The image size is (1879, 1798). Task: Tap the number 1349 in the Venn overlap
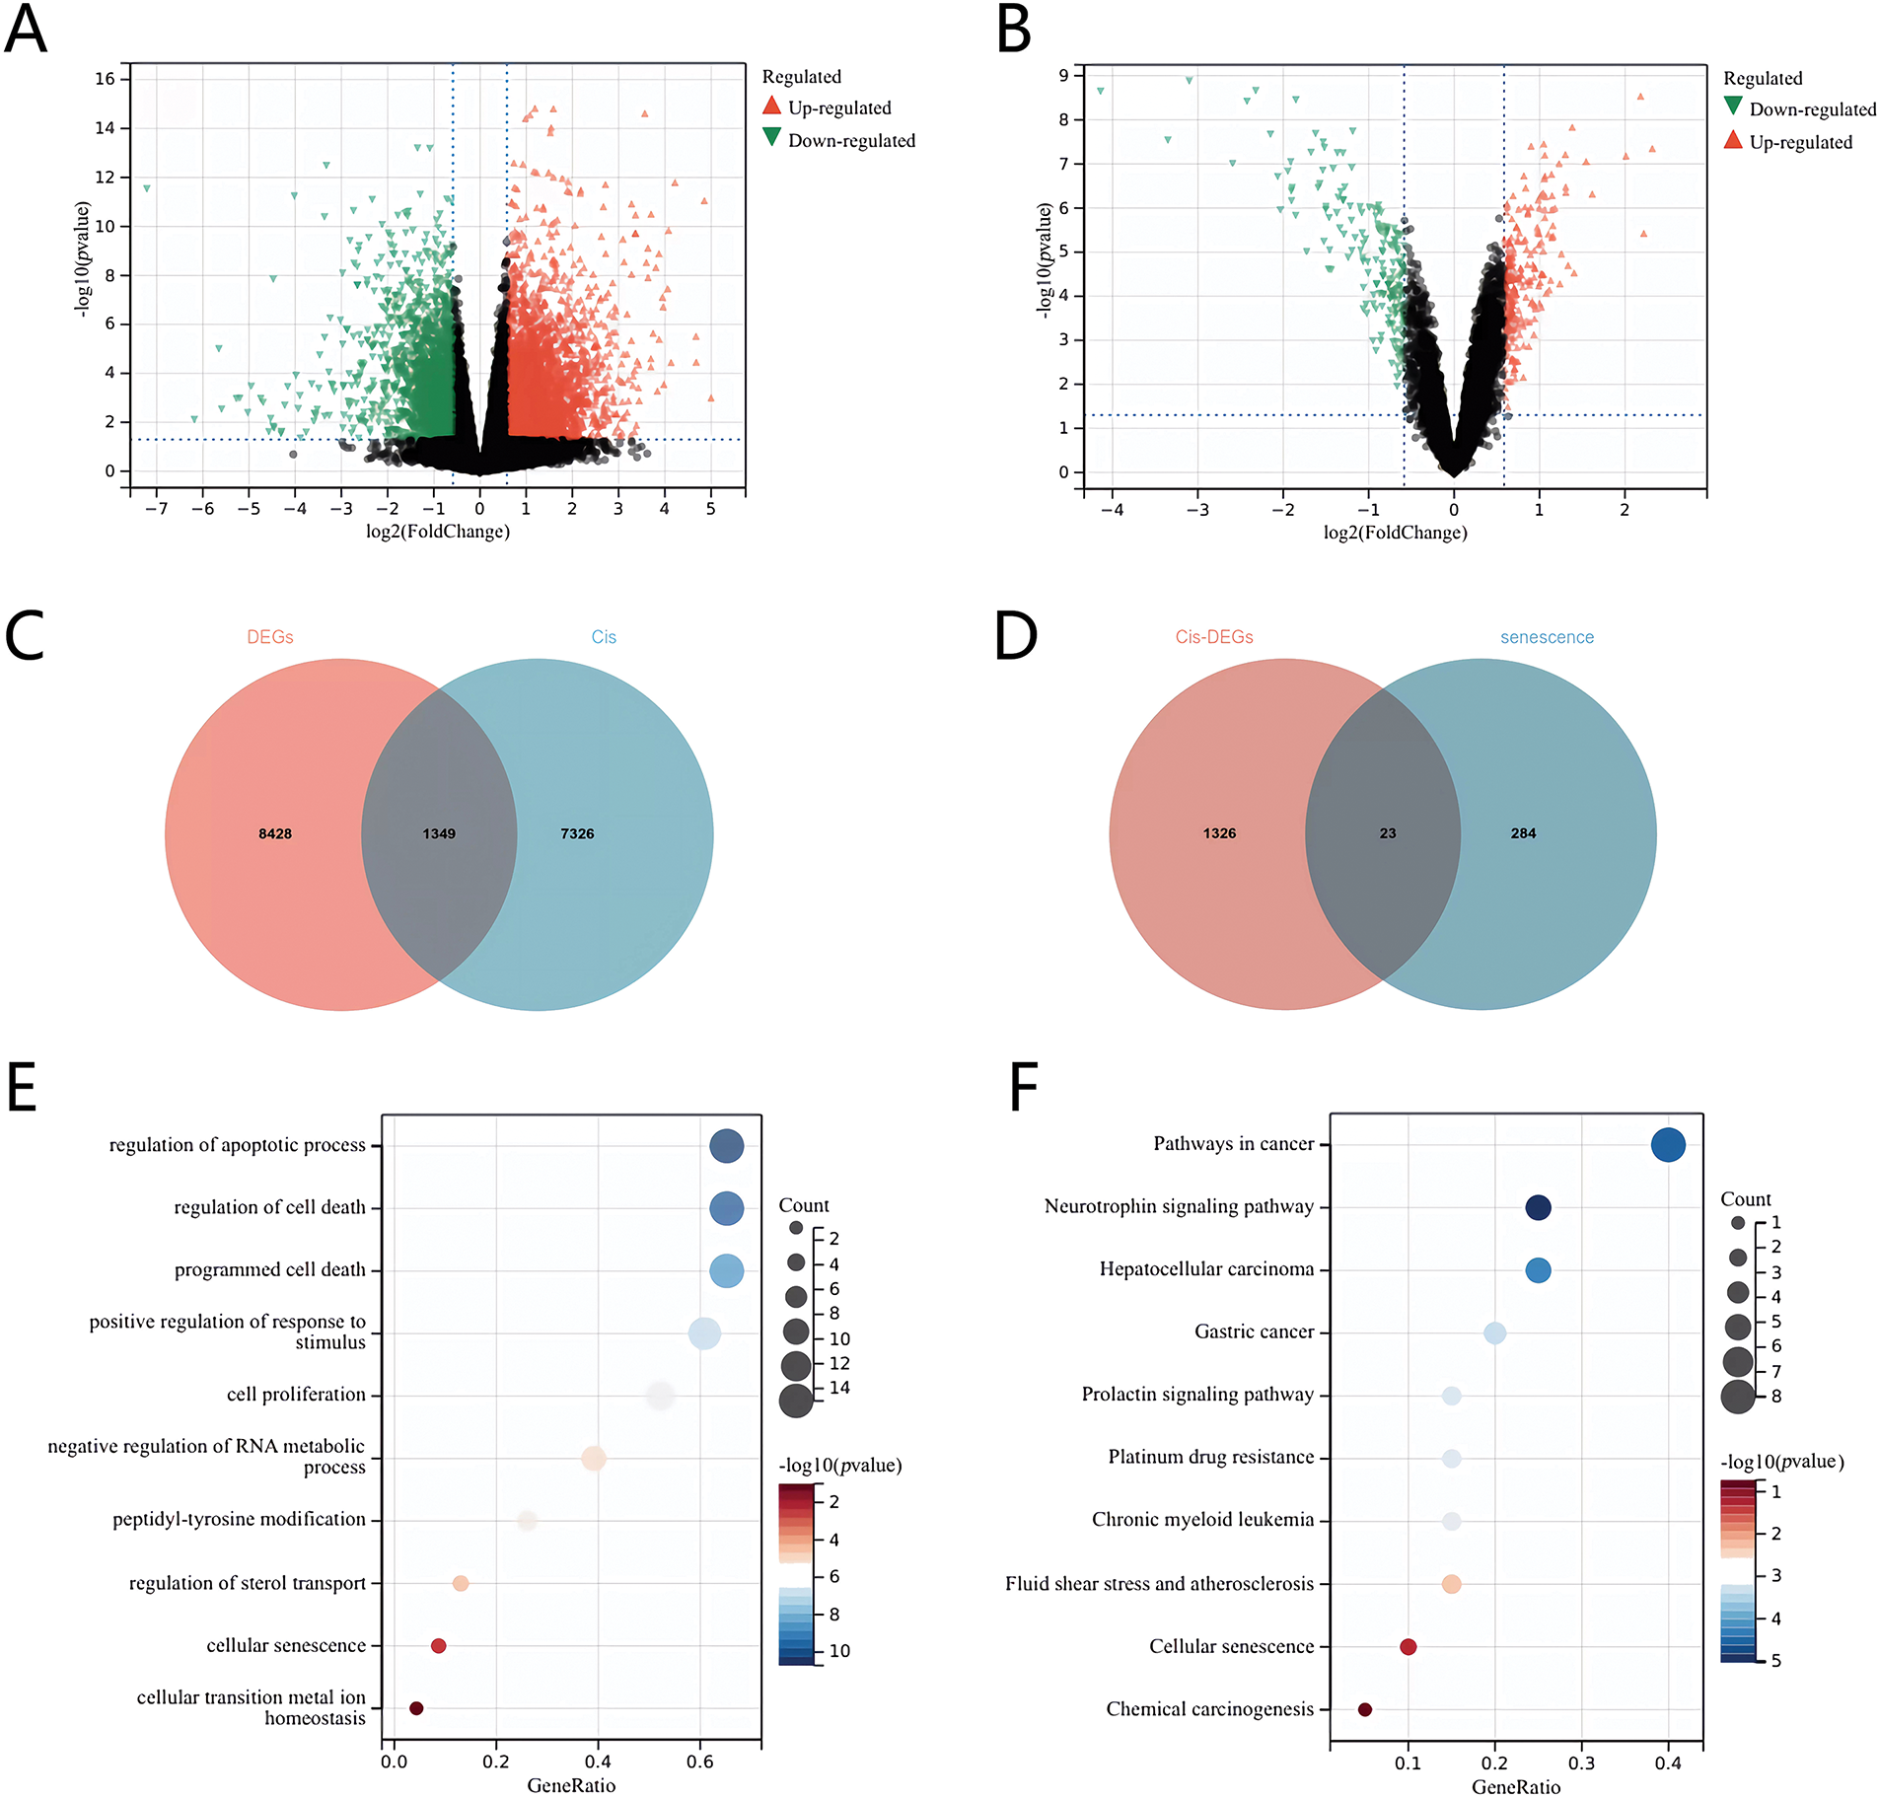point(439,833)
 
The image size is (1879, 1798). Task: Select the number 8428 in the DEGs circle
point(275,833)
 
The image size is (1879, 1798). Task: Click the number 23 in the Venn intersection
point(1388,833)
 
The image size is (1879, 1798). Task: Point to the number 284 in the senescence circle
point(1523,833)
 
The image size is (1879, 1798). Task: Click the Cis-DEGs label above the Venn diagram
point(1214,637)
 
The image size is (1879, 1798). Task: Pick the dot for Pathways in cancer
point(1668,1145)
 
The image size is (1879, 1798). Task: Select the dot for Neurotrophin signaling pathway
point(1538,1207)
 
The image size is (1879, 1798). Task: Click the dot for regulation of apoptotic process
point(726,1146)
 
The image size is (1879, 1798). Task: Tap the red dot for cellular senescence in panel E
point(439,1646)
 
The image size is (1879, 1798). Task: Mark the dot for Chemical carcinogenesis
point(1365,1709)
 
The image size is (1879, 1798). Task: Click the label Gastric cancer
point(1254,1332)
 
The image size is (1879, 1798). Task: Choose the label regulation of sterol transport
point(247,1583)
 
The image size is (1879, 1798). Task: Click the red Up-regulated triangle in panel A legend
point(772,106)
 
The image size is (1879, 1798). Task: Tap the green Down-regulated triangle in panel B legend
point(1733,107)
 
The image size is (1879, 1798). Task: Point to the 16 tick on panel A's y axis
point(106,79)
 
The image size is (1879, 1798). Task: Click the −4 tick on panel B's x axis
point(1112,510)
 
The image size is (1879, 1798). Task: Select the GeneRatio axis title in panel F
point(1516,1786)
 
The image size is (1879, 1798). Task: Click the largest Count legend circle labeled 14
point(796,1400)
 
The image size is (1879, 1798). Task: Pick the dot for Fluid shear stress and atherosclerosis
point(1451,1584)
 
